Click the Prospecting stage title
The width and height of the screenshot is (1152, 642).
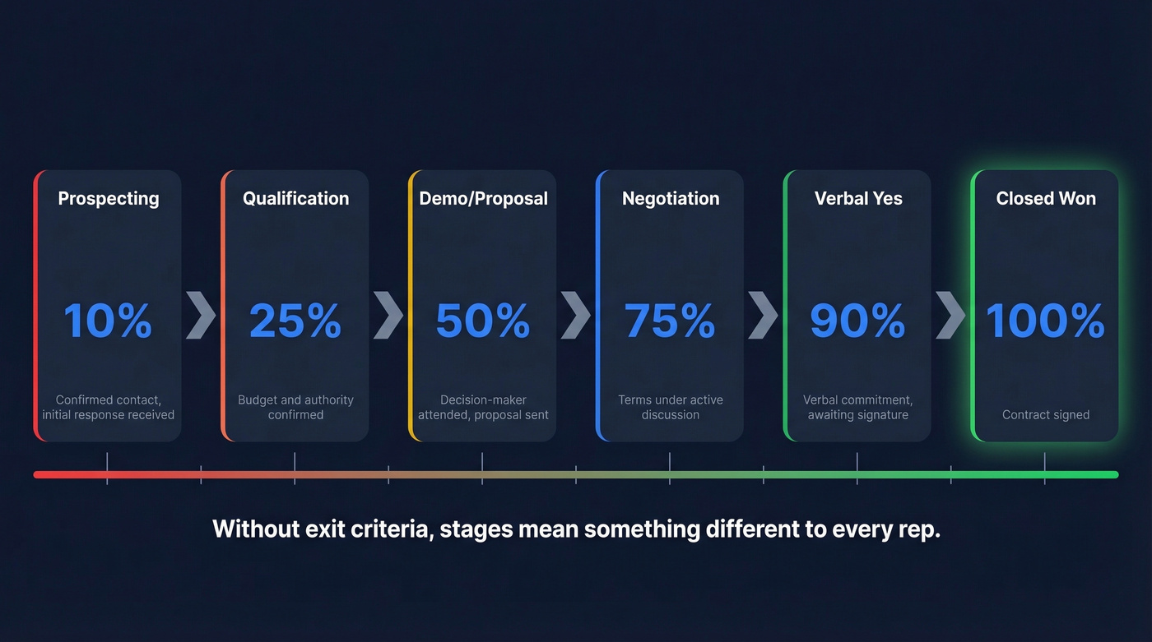click(108, 198)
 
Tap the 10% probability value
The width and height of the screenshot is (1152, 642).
click(108, 321)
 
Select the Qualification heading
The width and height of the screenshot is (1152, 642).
click(295, 198)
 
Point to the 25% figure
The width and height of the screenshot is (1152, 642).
click(295, 321)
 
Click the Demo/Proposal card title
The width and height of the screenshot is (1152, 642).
click(483, 198)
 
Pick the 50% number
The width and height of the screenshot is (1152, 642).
click(483, 321)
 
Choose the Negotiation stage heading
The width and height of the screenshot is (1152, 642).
click(671, 198)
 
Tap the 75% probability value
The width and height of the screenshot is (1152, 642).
click(671, 321)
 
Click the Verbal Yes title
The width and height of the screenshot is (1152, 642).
click(858, 198)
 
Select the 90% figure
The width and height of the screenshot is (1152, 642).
click(858, 321)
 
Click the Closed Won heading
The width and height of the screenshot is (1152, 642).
click(1046, 198)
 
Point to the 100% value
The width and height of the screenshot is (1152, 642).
click(1046, 321)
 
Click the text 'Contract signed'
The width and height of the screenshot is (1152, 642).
click(1046, 415)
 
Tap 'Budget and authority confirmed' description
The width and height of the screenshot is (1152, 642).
click(295, 407)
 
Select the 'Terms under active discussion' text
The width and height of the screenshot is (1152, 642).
click(671, 407)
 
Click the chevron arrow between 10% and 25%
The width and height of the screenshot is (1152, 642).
click(201, 314)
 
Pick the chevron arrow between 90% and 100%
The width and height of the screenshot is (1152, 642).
click(951, 314)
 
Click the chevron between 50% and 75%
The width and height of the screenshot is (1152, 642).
click(576, 314)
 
